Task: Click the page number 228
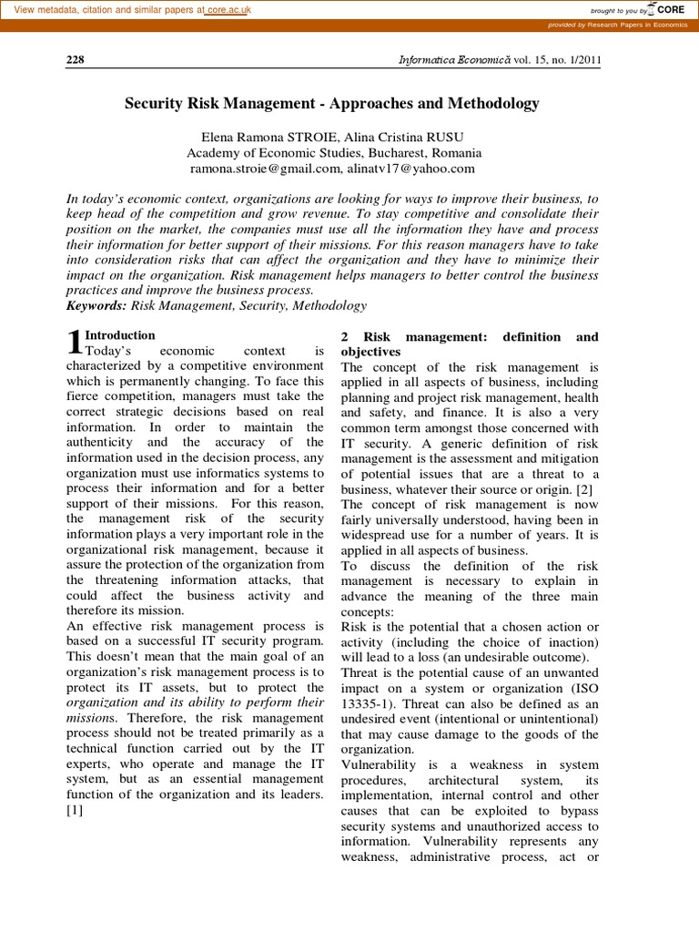click(x=76, y=60)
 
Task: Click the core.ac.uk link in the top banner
click(x=228, y=10)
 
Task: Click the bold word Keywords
click(x=97, y=306)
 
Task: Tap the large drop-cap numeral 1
click(x=76, y=343)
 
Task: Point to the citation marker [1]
click(x=76, y=812)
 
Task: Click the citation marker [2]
click(x=587, y=489)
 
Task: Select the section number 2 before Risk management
click(x=345, y=337)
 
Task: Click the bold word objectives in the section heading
click(x=370, y=352)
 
